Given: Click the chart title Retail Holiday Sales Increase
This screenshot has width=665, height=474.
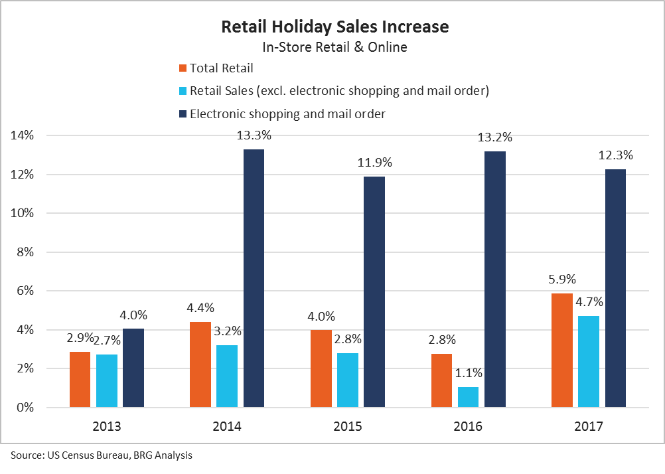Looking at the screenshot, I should tap(334, 27).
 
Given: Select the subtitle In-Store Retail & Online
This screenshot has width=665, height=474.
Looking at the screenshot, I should tap(334, 47).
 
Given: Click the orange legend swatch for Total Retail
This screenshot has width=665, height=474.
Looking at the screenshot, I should tap(183, 68).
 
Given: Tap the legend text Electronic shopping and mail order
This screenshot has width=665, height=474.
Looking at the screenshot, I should tap(287, 114).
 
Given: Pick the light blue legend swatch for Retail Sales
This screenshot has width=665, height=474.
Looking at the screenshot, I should tap(183, 91).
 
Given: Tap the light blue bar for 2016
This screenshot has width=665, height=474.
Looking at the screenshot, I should tap(468, 396).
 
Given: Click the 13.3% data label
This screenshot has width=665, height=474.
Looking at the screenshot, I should tap(254, 135).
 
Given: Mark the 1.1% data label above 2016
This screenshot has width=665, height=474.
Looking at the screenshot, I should tap(468, 373).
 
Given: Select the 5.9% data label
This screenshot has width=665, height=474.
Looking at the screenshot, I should tap(562, 279).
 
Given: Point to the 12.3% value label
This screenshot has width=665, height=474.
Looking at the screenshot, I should tap(615, 155).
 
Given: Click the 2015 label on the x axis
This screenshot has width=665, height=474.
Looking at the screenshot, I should tap(348, 426).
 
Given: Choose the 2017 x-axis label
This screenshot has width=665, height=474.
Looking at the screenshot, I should tap(589, 426).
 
